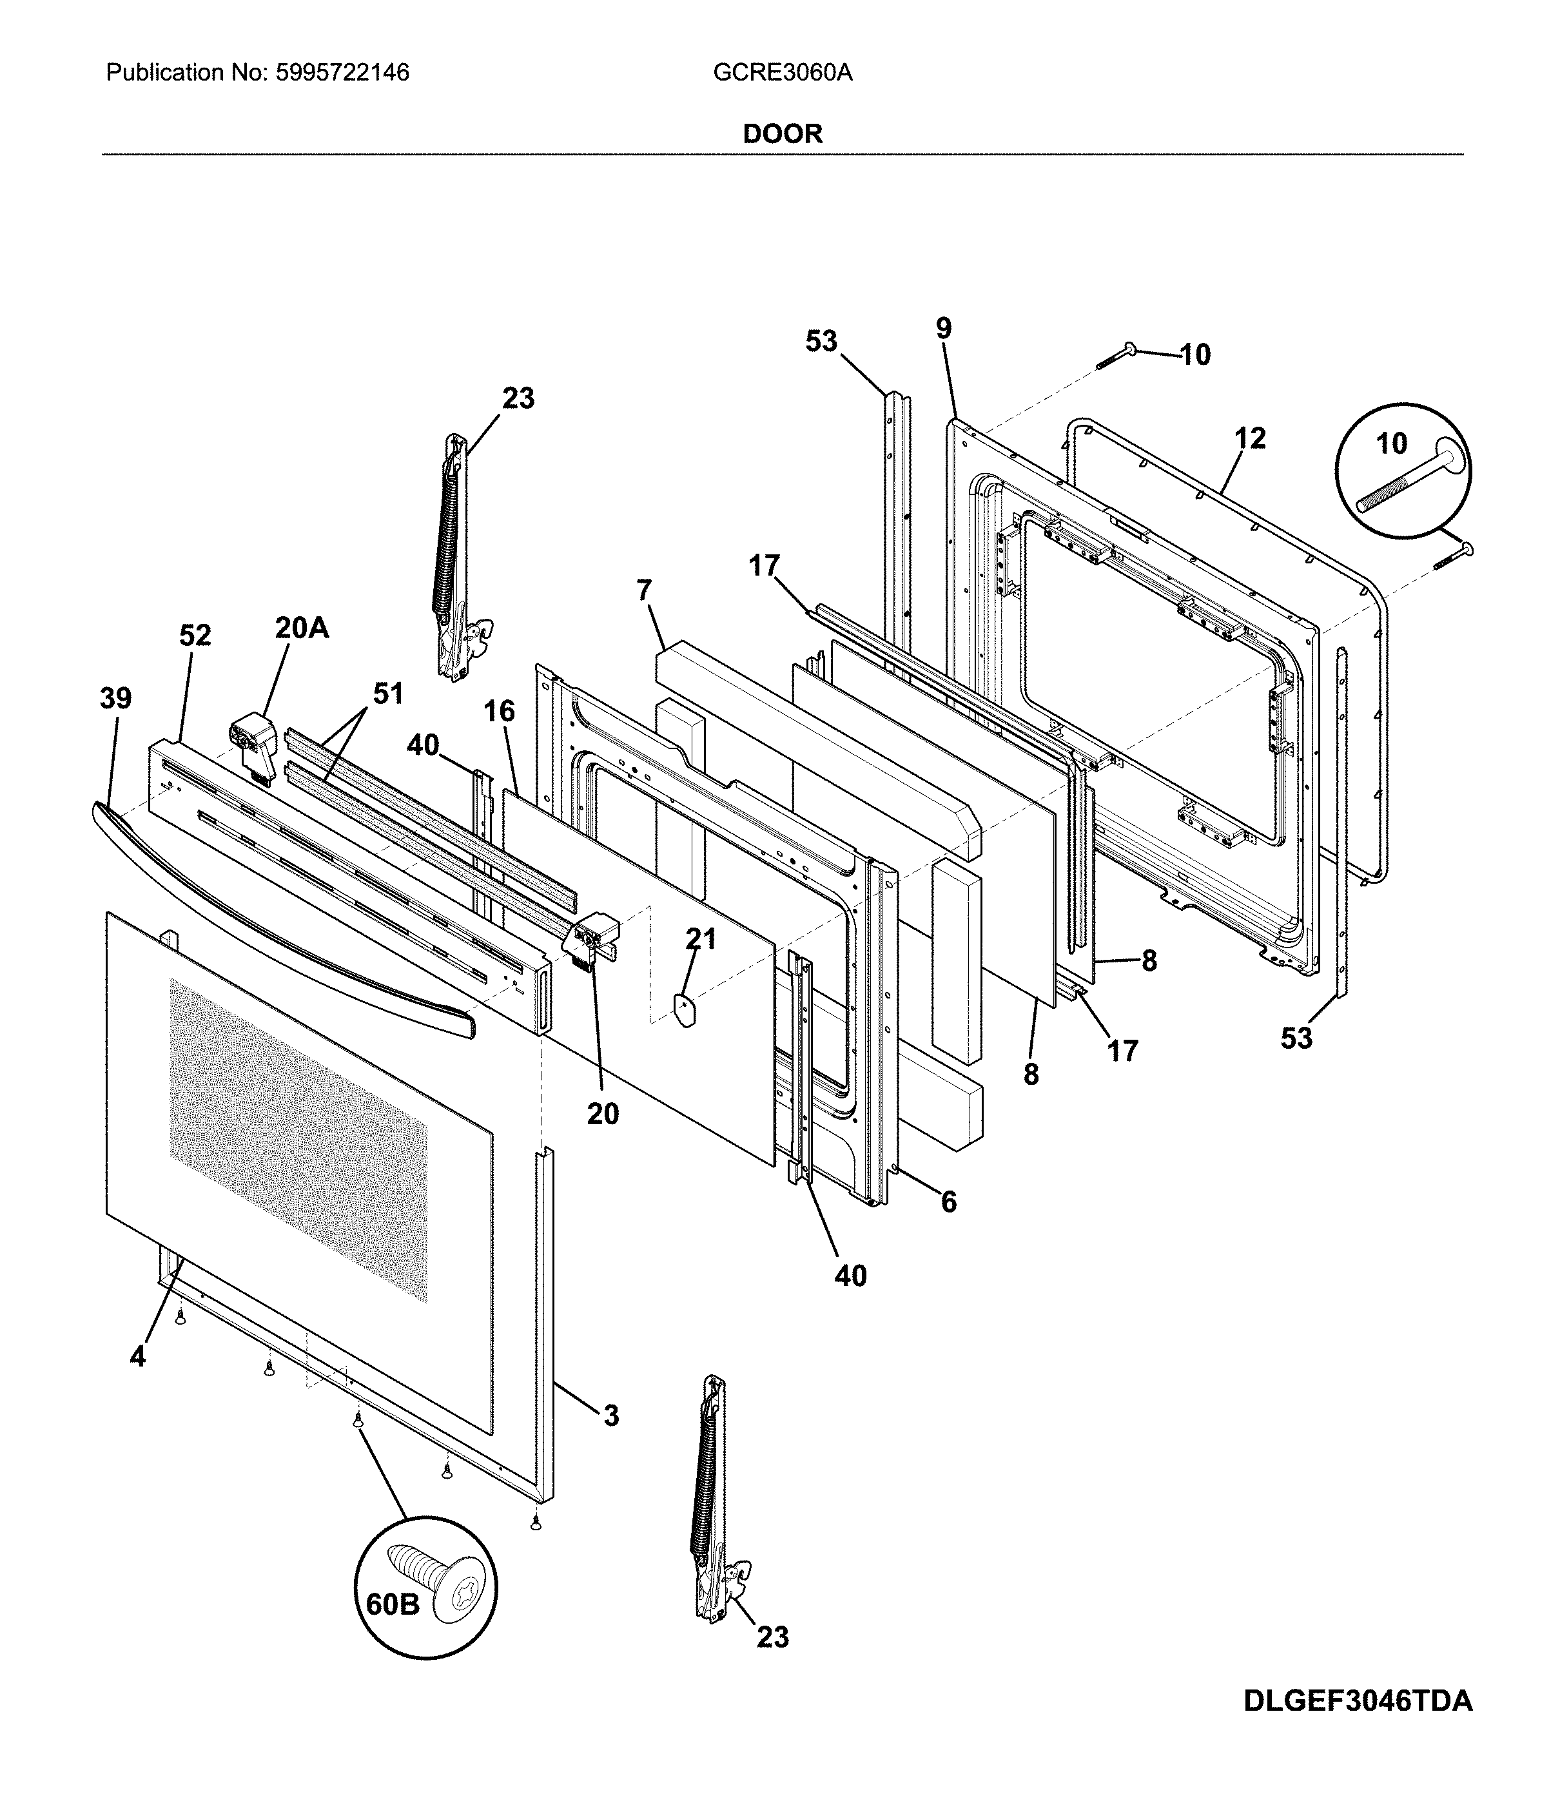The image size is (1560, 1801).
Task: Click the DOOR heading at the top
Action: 782,133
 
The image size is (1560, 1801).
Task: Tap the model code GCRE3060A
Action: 782,72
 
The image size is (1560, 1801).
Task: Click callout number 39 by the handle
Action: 116,697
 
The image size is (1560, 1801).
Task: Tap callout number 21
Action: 701,939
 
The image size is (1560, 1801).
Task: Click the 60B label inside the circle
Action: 392,1604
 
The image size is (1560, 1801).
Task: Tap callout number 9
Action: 944,328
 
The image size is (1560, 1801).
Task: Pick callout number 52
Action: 195,636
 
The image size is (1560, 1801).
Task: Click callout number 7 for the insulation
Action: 643,590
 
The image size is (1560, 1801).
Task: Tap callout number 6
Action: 948,1202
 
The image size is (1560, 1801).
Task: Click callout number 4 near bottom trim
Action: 137,1357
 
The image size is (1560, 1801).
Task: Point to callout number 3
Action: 611,1416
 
